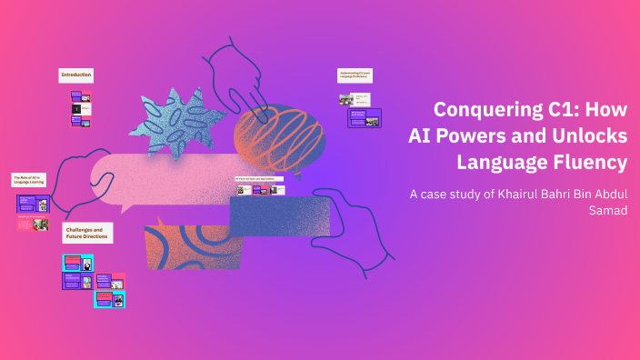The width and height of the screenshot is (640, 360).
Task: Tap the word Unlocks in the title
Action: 584,136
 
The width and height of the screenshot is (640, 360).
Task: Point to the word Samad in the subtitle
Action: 608,211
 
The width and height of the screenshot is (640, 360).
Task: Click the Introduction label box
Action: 76,75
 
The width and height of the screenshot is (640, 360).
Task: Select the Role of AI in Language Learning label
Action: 30,180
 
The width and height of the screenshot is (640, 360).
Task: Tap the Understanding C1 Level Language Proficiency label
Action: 356,75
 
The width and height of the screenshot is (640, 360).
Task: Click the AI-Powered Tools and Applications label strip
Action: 259,179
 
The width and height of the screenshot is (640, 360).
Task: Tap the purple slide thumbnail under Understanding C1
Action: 365,118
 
